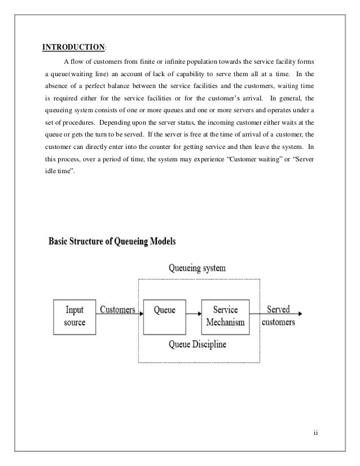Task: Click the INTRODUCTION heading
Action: (70, 47)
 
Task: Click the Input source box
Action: (75, 316)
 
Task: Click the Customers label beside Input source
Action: (117, 310)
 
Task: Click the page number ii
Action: (315, 434)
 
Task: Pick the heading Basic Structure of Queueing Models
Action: (112, 242)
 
